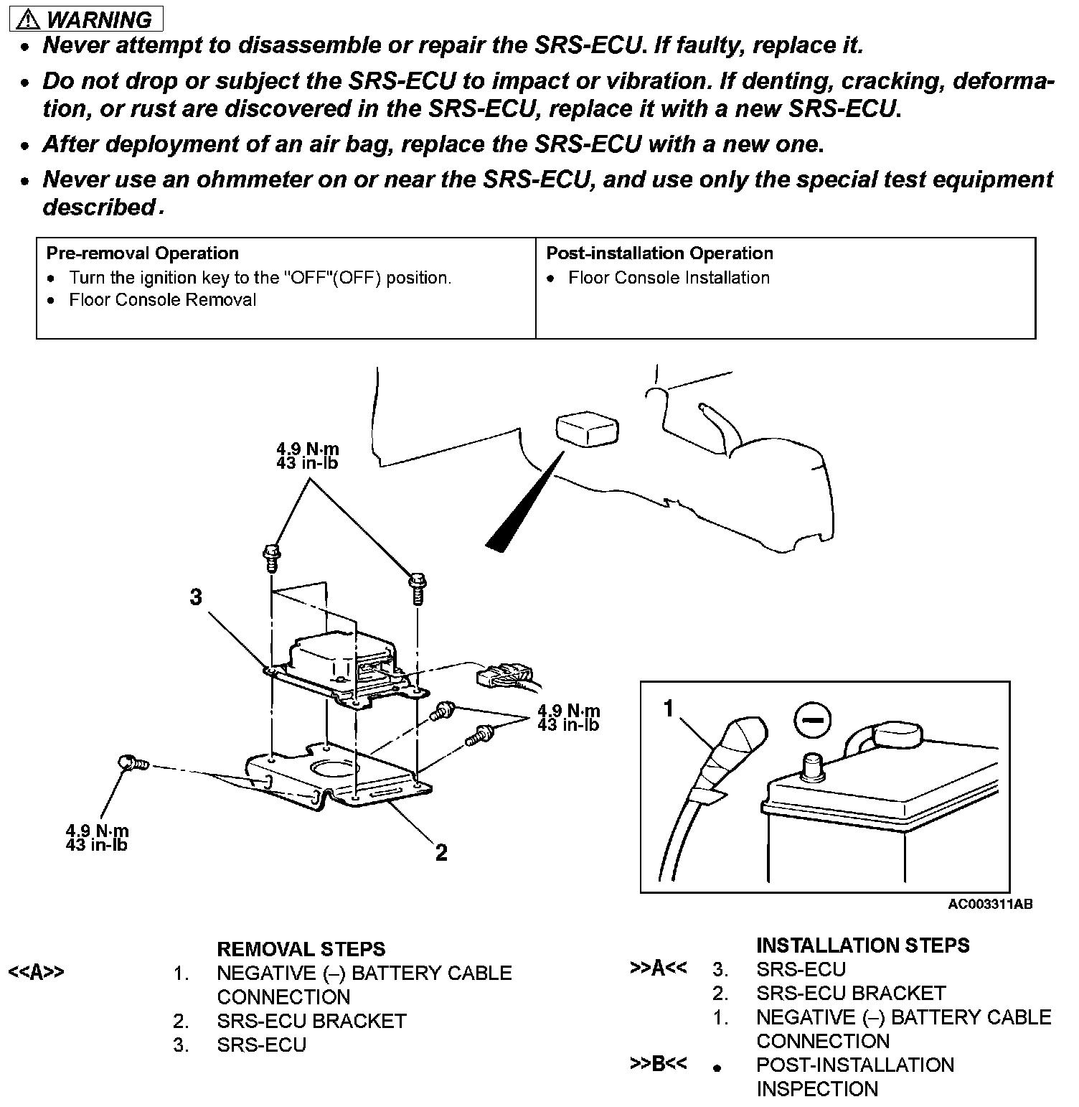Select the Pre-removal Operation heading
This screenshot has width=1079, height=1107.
(x=142, y=253)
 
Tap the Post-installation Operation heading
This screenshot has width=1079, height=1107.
(x=659, y=253)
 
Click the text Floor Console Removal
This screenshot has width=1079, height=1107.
(x=162, y=300)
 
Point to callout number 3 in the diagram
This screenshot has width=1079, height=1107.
(x=196, y=597)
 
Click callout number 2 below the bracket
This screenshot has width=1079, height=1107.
(x=441, y=852)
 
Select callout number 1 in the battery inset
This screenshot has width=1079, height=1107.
(x=669, y=709)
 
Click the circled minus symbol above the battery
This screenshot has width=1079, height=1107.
(x=813, y=718)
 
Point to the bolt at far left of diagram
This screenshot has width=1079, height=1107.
(x=133, y=763)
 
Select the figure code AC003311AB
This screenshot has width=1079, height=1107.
(x=990, y=905)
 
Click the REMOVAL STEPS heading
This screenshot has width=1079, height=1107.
(x=301, y=949)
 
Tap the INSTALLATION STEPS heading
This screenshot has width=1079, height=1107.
(x=862, y=945)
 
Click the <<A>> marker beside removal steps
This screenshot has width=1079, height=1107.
(x=36, y=973)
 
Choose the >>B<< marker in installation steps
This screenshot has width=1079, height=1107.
(x=658, y=1064)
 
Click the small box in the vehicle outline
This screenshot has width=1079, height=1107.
(x=585, y=429)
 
